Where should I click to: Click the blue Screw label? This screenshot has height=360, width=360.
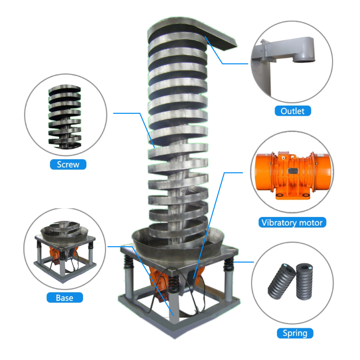68,165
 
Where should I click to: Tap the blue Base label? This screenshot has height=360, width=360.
64,298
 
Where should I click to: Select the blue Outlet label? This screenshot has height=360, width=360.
292,111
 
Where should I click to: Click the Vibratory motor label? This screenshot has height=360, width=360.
292,222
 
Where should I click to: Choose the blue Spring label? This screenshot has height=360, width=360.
295,333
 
